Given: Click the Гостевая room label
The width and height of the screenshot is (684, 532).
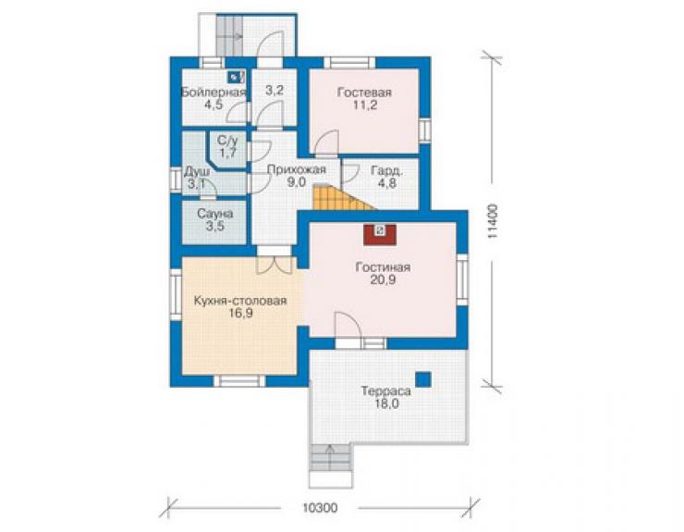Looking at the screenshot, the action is pos(364,93).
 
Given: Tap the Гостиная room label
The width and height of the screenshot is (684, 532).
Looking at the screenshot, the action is pos(383,267).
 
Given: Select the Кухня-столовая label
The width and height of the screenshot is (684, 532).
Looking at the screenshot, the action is pos(240,301).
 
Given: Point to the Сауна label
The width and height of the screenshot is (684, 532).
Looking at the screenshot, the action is pos(215,214).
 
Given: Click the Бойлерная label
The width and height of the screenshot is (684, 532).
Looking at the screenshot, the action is pos(214,93).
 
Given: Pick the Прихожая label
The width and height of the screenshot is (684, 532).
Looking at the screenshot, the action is pos(296,169).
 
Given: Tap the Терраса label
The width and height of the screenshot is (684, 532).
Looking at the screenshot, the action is pos(385,391).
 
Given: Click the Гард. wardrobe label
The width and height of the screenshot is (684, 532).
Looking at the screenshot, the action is pos(387,171).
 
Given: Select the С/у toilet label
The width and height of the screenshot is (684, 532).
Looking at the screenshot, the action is pos(227,141).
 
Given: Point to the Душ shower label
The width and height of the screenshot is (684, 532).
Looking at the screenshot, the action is pos(197,171).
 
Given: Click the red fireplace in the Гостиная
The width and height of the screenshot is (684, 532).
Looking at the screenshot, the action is pos(380,235).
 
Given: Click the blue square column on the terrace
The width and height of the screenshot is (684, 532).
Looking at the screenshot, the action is pos(422,379).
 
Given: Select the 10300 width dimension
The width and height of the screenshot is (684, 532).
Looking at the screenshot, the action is pos(320,508).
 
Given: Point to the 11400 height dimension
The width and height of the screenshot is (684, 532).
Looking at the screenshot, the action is pos(493,221).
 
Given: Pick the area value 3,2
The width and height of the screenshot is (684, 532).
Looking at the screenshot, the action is pos(275,91).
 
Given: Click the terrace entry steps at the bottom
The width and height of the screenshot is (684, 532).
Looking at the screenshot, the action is pos(330,465).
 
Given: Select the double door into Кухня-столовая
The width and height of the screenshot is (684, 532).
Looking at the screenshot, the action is pos(274,266).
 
